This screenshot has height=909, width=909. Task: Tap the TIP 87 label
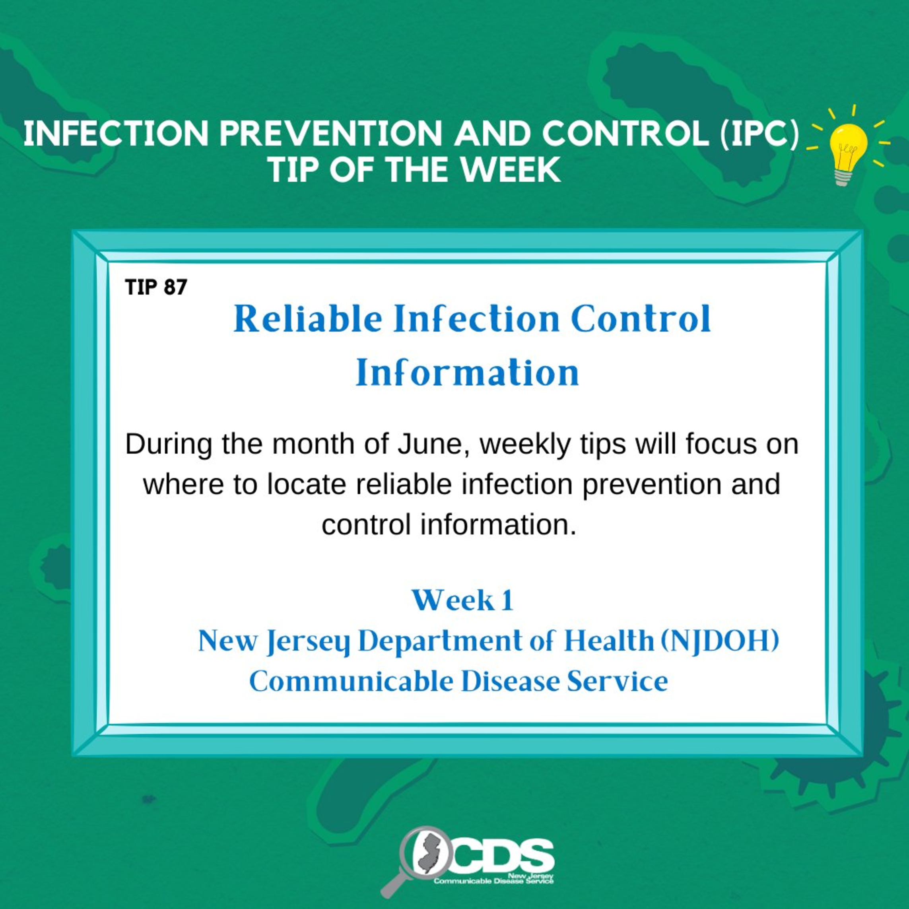[156, 287]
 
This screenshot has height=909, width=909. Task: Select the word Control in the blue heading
[641, 319]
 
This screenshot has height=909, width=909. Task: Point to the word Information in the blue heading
[467, 373]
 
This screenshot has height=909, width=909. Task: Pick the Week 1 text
[462, 601]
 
